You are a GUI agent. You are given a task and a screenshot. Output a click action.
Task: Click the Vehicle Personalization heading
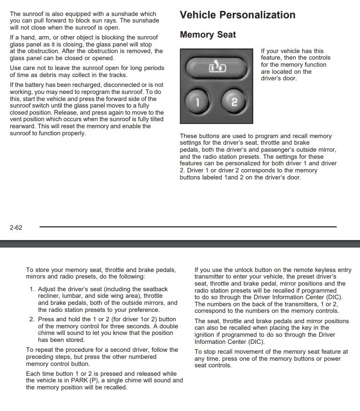[x=237, y=15]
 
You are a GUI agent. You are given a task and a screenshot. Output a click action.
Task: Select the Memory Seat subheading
[x=208, y=35]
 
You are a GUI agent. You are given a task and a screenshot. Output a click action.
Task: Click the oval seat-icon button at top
[x=217, y=69]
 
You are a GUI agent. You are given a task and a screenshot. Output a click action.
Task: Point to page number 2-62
[x=16, y=227]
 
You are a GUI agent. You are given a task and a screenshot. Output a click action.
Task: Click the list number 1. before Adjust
[x=32, y=290]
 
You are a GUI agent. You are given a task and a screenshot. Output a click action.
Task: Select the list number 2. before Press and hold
[x=32, y=319]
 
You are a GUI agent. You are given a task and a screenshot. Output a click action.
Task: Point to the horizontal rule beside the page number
[x=188, y=227]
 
